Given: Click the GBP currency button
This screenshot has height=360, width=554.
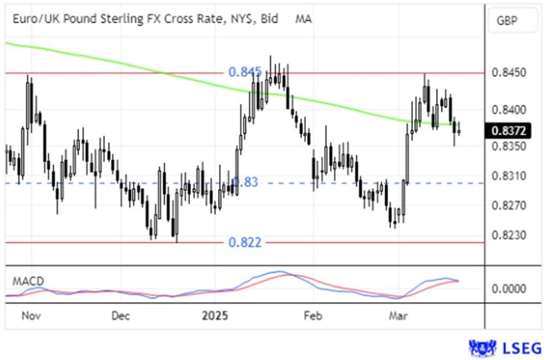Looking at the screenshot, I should click(507, 21).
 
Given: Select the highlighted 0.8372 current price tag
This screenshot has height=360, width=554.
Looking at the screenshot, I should click(509, 131).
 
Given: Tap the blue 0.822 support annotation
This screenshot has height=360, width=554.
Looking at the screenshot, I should click(244, 242).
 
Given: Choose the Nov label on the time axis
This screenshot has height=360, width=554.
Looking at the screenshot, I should click(31, 316).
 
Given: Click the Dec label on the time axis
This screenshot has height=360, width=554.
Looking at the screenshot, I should click(121, 316).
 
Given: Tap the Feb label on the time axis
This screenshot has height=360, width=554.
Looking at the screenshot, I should click(312, 316).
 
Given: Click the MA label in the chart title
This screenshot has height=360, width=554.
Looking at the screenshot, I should click(303, 19).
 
